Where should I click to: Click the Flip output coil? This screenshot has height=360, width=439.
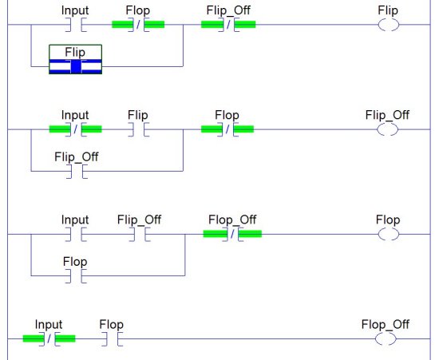(x=389, y=25)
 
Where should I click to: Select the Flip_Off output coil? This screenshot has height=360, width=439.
(x=387, y=129)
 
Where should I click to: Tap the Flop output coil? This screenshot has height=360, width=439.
(x=389, y=235)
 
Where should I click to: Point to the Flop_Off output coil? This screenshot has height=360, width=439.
(x=386, y=339)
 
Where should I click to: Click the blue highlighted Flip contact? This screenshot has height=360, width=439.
(x=76, y=66)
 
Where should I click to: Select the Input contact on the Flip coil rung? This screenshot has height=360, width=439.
(x=76, y=25)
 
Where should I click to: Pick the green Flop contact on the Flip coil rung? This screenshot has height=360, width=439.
(x=138, y=25)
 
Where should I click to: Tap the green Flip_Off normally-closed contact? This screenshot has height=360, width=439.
(x=228, y=25)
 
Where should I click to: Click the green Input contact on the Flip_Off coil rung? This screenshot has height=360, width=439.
(x=76, y=129)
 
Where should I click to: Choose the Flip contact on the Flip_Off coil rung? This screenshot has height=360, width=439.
(x=139, y=129)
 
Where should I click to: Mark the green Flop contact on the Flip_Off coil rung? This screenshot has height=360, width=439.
(x=227, y=129)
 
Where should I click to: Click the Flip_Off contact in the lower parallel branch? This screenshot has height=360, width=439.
(x=77, y=172)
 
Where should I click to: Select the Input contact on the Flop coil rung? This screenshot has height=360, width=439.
(x=76, y=235)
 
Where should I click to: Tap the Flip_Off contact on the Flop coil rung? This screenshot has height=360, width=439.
(x=140, y=235)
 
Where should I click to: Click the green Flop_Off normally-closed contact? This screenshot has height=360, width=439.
(x=232, y=234)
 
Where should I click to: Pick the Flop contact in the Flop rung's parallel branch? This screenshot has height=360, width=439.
(x=76, y=276)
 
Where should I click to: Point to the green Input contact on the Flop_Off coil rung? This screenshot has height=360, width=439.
(x=49, y=338)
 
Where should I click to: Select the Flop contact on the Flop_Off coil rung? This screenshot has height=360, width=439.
(x=112, y=338)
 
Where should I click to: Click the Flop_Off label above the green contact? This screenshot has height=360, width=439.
(x=232, y=220)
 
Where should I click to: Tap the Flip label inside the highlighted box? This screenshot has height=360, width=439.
(x=75, y=53)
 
